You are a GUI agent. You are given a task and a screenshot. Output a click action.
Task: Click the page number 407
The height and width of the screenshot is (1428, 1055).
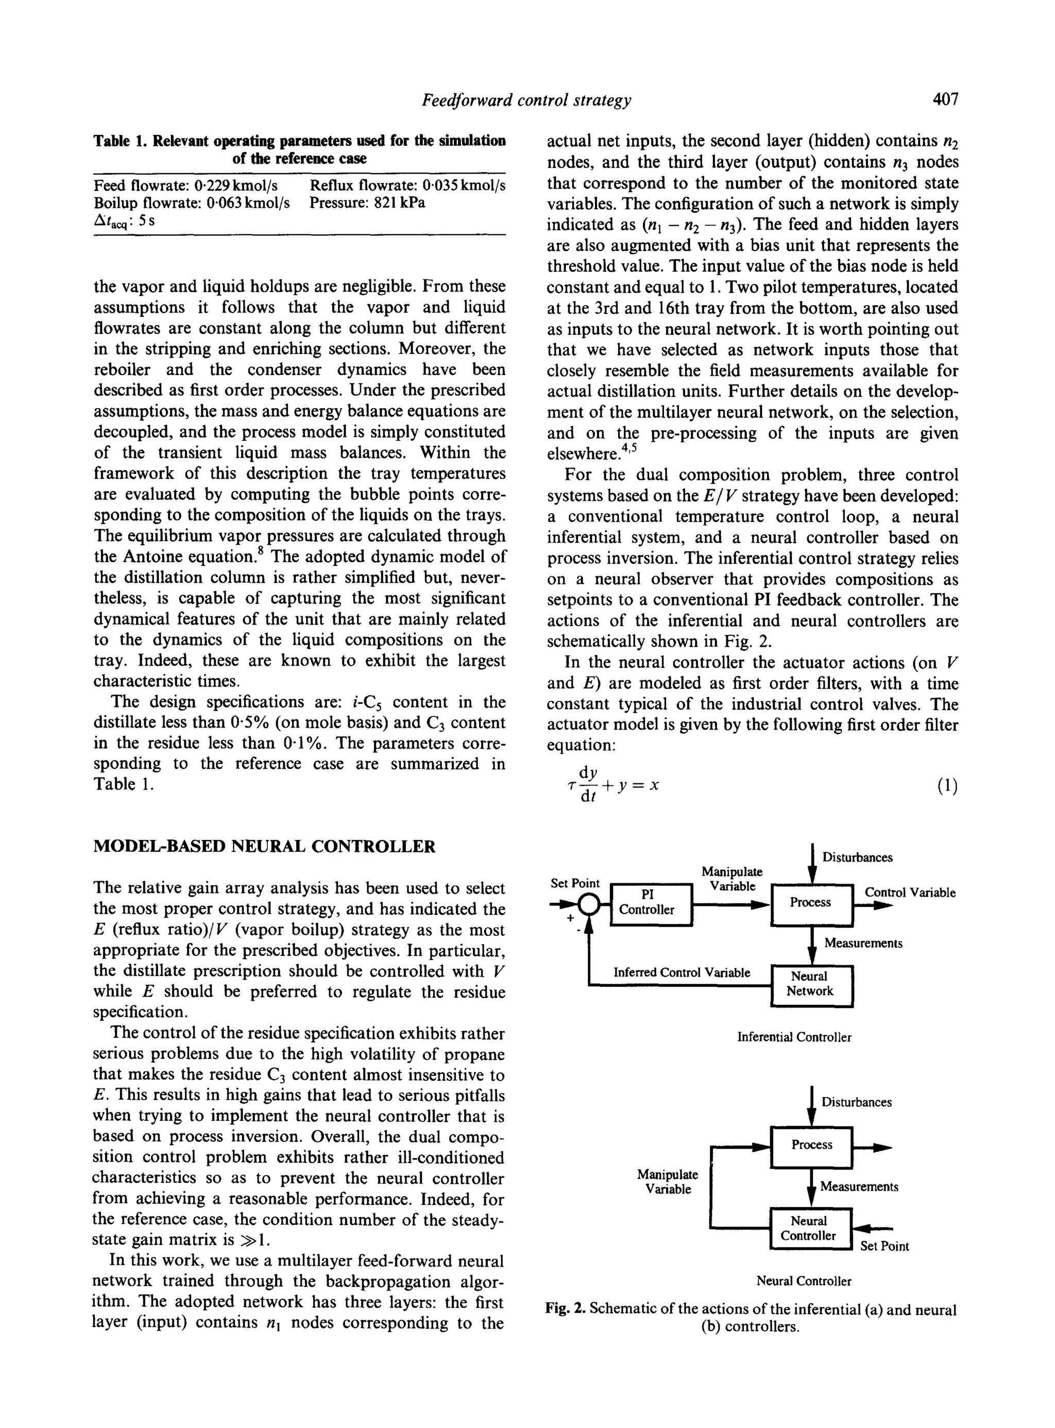[945, 99]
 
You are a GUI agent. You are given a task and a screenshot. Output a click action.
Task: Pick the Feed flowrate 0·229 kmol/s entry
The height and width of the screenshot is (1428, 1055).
[185, 186]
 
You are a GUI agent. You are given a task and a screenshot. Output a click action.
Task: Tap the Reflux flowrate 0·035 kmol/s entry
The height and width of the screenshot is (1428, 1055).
[407, 186]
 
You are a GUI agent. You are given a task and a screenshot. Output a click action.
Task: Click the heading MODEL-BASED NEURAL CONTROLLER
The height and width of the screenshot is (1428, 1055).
[264, 847]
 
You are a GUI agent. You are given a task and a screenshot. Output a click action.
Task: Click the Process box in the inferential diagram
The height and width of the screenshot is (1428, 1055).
[811, 903]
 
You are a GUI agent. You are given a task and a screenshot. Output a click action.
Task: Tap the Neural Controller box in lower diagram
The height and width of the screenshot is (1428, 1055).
[810, 1228]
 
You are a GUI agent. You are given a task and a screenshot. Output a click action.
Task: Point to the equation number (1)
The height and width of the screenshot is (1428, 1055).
[947, 786]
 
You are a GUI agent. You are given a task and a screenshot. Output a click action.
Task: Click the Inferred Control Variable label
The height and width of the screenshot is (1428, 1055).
[682, 972]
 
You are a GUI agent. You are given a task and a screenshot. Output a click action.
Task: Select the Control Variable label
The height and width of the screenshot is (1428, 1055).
[909, 893]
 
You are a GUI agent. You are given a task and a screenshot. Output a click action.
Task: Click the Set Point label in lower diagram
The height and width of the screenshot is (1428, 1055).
[884, 1247]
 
